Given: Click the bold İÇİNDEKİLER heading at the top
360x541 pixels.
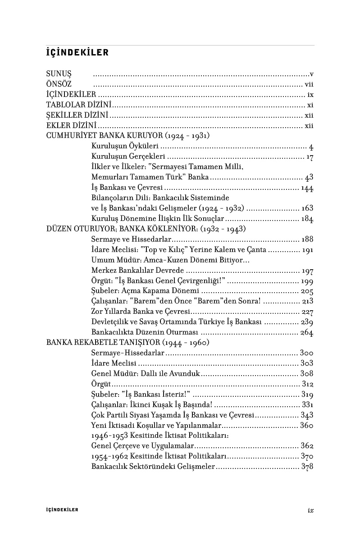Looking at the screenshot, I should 77,53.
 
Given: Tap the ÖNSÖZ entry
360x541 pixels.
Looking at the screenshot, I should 59,84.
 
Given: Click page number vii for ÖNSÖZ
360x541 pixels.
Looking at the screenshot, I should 309,84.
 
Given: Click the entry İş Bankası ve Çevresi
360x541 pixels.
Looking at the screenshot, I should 127,188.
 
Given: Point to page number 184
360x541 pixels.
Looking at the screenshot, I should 308,219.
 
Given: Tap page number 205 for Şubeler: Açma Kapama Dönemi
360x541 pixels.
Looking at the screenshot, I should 307,291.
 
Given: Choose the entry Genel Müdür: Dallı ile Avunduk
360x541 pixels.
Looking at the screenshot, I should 145,374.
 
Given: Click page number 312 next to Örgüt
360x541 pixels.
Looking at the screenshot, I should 308,384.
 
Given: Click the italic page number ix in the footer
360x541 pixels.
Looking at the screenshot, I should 310,510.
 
